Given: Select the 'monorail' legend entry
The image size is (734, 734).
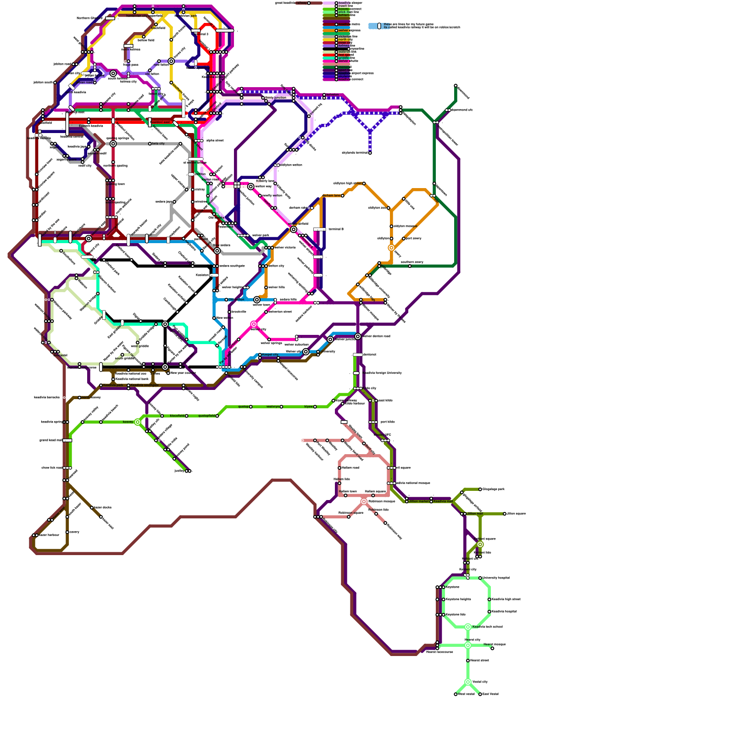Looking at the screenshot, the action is click(x=345, y=67).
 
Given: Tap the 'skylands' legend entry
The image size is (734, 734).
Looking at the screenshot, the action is click(x=345, y=76).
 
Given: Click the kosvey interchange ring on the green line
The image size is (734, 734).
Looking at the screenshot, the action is click(x=138, y=422).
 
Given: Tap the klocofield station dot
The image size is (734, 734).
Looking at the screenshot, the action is click(x=187, y=416).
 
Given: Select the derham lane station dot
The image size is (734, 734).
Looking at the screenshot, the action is click(x=343, y=196).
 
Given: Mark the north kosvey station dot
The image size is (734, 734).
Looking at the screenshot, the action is click(x=79, y=398).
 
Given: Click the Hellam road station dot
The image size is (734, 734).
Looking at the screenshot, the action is click(x=339, y=468).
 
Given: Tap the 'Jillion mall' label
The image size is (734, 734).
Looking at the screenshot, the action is click(x=474, y=514).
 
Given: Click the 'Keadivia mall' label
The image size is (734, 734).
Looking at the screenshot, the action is click(x=443, y=501).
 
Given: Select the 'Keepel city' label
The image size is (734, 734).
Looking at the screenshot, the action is click(x=270, y=355).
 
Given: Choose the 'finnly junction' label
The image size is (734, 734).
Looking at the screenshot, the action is click(x=276, y=98).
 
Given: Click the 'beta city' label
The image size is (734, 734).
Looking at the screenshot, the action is click(x=158, y=144).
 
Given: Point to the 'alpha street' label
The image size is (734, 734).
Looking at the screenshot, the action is click(x=215, y=140).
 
